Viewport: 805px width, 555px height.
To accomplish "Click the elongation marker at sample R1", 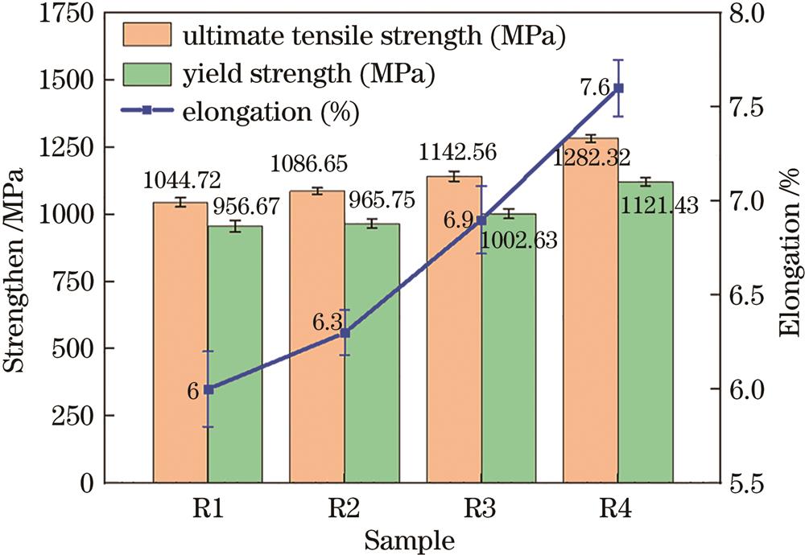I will click(x=208, y=389).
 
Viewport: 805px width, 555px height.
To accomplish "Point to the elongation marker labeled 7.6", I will click(x=618, y=88).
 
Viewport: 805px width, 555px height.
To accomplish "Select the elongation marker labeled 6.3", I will click(x=345, y=333).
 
